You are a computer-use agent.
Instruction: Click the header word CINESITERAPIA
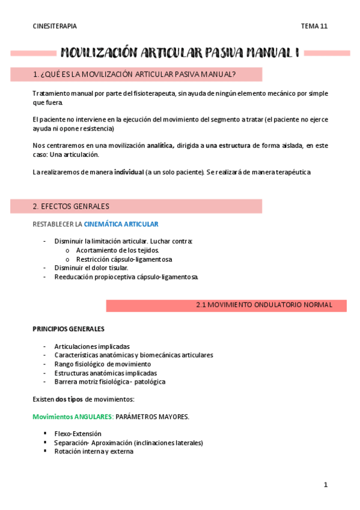coord(55,26)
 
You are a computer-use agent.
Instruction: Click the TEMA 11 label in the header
coord(314,26)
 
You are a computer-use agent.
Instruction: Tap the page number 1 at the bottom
coord(325,485)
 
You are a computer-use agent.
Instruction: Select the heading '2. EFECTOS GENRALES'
coord(71,206)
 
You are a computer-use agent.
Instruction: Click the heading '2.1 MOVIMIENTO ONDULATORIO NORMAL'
coord(264,305)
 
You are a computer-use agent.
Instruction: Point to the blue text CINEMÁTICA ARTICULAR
coord(121,224)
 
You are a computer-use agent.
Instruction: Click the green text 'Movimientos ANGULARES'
coord(72,417)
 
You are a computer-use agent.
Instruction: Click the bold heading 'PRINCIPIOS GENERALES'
coord(68,329)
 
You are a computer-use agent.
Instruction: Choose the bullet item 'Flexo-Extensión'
coord(78,434)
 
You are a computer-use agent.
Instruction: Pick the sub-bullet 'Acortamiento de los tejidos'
coord(117,250)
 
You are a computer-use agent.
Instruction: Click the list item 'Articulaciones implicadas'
coord(91,346)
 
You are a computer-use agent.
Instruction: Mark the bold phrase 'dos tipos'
coord(69,399)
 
